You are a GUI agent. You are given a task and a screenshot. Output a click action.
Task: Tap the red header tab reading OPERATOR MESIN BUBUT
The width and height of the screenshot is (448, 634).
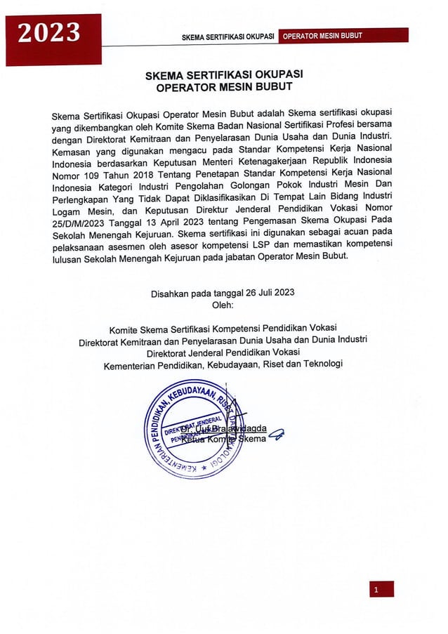click(x=322, y=35)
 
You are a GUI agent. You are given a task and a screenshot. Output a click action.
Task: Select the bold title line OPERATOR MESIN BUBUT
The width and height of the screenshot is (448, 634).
click(x=223, y=87)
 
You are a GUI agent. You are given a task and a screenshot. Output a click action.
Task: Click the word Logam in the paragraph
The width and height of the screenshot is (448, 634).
click(x=69, y=211)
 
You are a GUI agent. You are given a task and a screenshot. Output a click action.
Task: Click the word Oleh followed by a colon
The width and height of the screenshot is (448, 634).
click(x=223, y=305)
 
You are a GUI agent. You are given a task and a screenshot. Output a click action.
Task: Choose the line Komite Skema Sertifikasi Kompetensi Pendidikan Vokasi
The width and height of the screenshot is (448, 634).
click(x=223, y=329)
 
